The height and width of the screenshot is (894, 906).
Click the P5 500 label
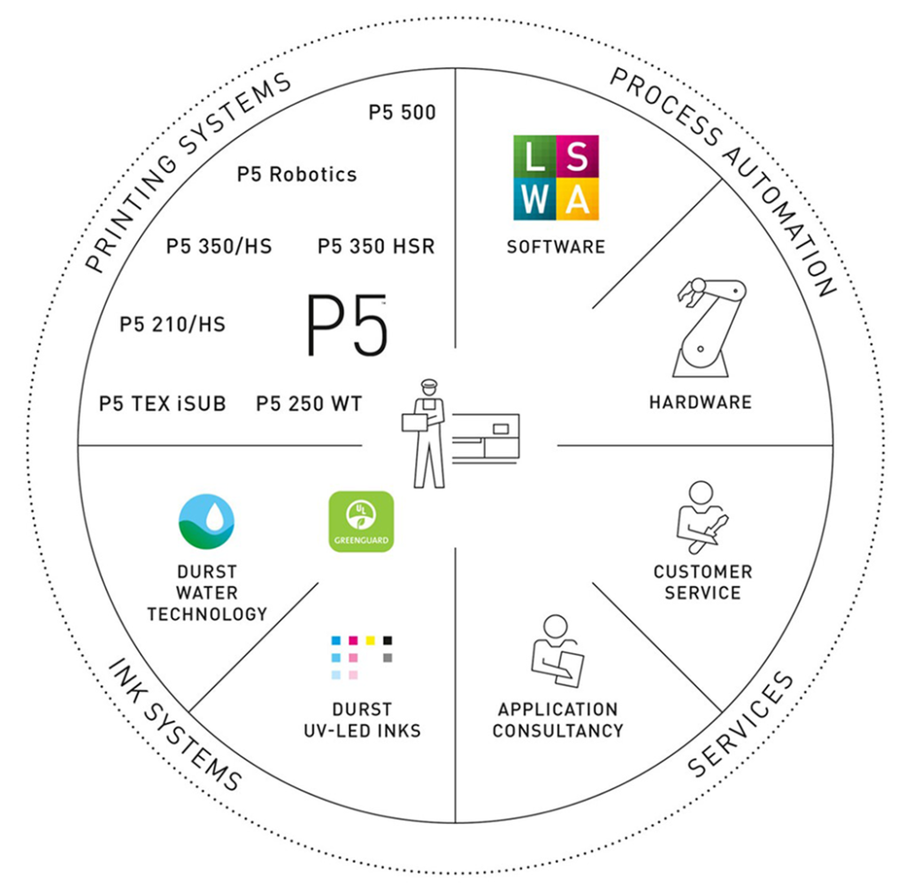tap(402, 113)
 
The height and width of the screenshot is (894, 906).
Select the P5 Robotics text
tap(296, 174)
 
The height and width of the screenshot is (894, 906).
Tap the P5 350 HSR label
tap(376, 247)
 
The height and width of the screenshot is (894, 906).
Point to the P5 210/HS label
tap(173, 325)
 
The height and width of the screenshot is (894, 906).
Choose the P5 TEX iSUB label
tap(163, 405)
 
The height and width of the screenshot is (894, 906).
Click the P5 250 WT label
tap(309, 405)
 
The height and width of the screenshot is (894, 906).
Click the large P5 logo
tap(346, 327)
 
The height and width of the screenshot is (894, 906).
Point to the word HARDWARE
tap(700, 403)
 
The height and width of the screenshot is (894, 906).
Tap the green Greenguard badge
tap(361, 521)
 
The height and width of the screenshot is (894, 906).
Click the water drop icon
tap(206, 523)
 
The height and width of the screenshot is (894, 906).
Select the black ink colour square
tap(387, 640)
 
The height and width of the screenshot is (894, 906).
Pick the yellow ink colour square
tap(370, 640)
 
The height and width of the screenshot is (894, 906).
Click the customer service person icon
tap(701, 517)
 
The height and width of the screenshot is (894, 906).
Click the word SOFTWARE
tap(556, 247)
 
